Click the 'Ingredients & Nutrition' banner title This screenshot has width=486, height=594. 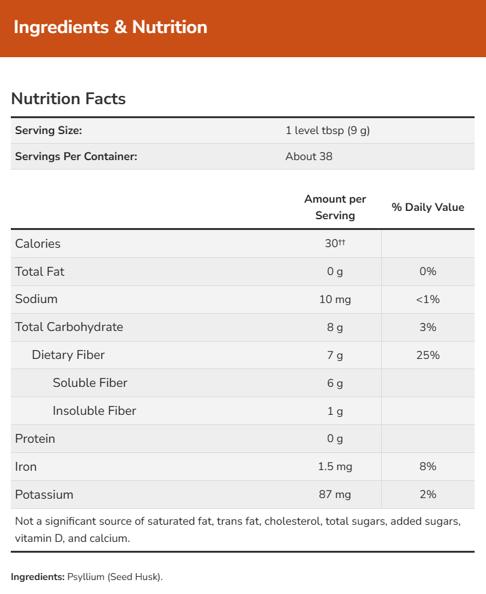coord(110,27)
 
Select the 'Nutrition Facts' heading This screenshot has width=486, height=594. coord(69,98)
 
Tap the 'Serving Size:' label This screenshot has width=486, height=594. coord(49,131)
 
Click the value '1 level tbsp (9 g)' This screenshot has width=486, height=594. coord(327,131)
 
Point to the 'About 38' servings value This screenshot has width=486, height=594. coord(309,156)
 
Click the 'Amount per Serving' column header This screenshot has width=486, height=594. coord(335,207)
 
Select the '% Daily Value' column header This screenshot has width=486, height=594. coord(428,207)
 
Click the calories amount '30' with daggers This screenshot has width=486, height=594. coord(335,243)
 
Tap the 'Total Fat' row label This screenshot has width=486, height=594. coord(39,271)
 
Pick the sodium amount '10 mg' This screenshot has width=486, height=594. coord(335,299)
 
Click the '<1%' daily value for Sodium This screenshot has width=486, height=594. coord(428,299)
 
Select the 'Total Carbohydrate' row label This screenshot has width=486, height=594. coord(69,327)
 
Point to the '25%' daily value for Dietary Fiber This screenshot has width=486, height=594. coord(428,355)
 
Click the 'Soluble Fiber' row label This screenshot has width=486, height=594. coord(90,383)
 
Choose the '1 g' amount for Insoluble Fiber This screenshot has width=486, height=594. coord(335,411)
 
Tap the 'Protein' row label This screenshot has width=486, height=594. coord(35,439)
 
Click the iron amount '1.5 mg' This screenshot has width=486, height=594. coord(335,467)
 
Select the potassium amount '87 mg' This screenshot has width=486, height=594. coord(335,495)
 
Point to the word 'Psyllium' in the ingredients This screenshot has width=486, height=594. coord(86,577)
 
